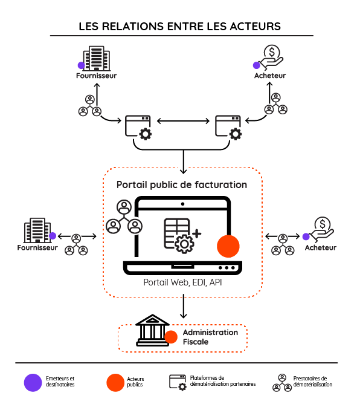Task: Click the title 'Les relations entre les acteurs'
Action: (x=179, y=26)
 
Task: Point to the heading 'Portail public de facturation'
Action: (x=181, y=184)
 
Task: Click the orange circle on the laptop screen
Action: (x=228, y=246)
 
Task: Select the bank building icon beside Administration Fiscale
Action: (x=151, y=329)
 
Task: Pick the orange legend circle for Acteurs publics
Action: (x=115, y=382)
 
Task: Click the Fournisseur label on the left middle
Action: (x=37, y=247)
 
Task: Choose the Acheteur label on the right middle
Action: (x=320, y=247)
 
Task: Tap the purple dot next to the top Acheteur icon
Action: (x=257, y=65)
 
